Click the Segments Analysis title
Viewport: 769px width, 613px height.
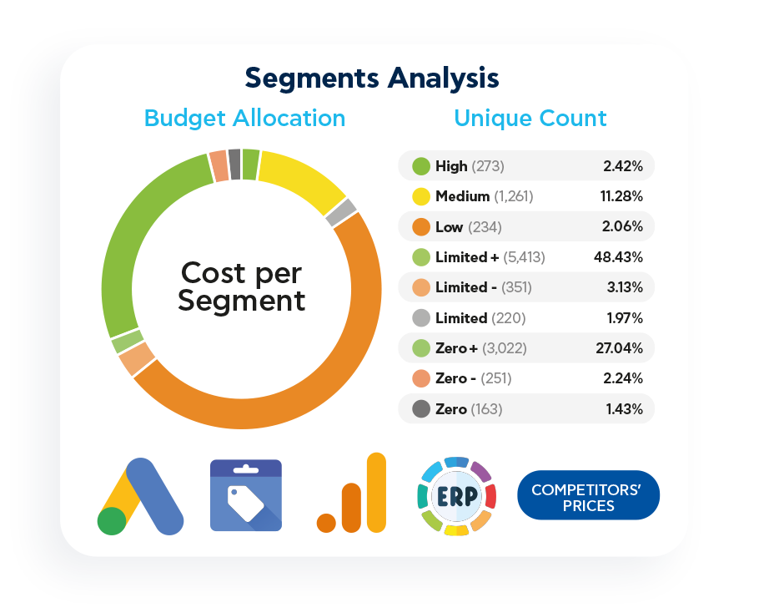(372, 78)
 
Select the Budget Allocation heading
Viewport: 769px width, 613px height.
(244, 118)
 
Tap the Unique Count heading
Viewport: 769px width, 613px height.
(530, 118)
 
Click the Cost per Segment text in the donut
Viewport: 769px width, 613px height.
(242, 286)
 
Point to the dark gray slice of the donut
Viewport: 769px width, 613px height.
(234, 164)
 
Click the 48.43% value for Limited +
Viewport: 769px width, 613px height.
(618, 257)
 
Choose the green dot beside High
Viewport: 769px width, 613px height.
(421, 166)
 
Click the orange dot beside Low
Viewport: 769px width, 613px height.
(421, 227)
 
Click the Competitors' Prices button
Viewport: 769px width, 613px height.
(588, 496)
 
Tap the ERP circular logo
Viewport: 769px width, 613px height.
(456, 496)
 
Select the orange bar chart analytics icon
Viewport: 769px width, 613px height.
(352, 494)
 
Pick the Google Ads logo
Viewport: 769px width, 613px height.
(139, 496)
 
